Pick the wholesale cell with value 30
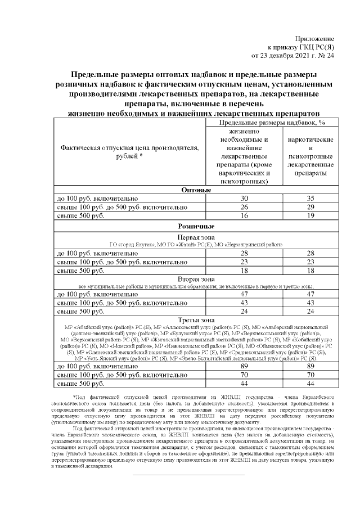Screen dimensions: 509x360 [x=244, y=199]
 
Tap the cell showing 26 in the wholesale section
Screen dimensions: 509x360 [x=244, y=208]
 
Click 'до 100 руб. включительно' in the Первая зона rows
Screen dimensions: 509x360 [x=94, y=253]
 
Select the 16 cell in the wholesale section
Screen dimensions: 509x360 [x=244, y=217]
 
